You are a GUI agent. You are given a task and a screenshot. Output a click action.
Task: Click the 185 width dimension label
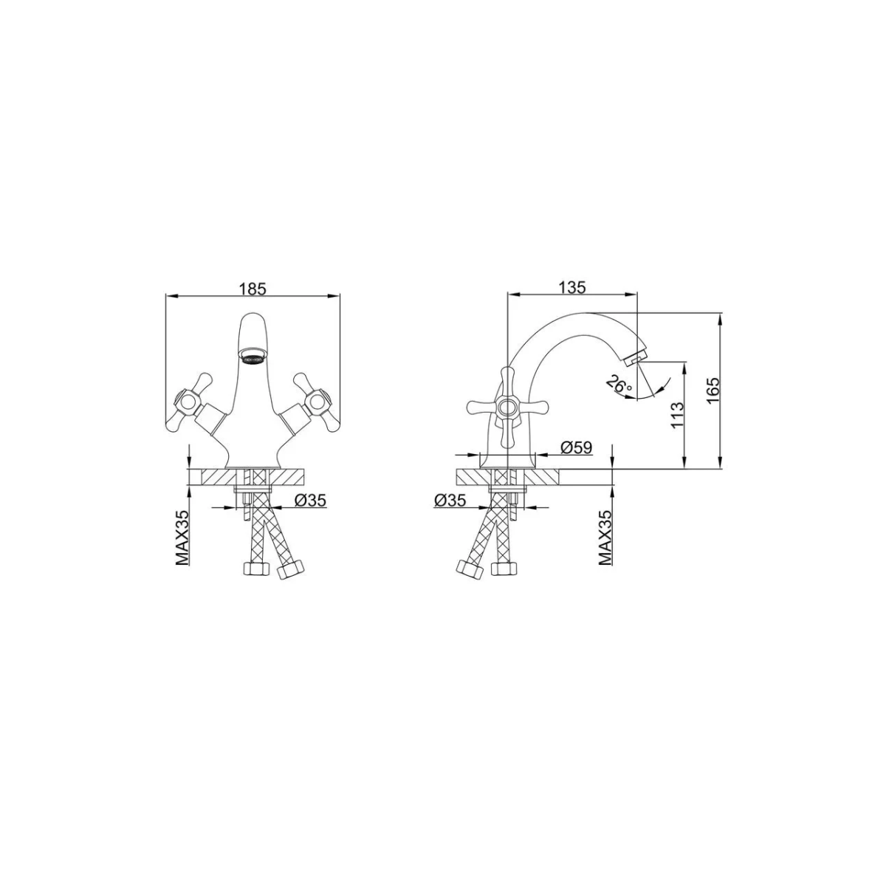point(253,289)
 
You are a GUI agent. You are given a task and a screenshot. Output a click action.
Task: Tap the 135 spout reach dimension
point(572,287)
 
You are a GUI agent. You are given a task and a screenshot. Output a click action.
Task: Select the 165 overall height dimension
point(712,391)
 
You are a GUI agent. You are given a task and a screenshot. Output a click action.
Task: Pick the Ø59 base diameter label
point(577,447)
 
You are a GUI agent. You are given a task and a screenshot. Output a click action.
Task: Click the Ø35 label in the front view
point(310,500)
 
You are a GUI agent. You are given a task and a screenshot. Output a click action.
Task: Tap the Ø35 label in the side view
point(450,500)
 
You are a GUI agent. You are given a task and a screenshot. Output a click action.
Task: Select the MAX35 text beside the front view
point(182,538)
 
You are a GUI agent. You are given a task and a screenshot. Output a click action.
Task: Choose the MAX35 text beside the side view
point(605,538)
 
